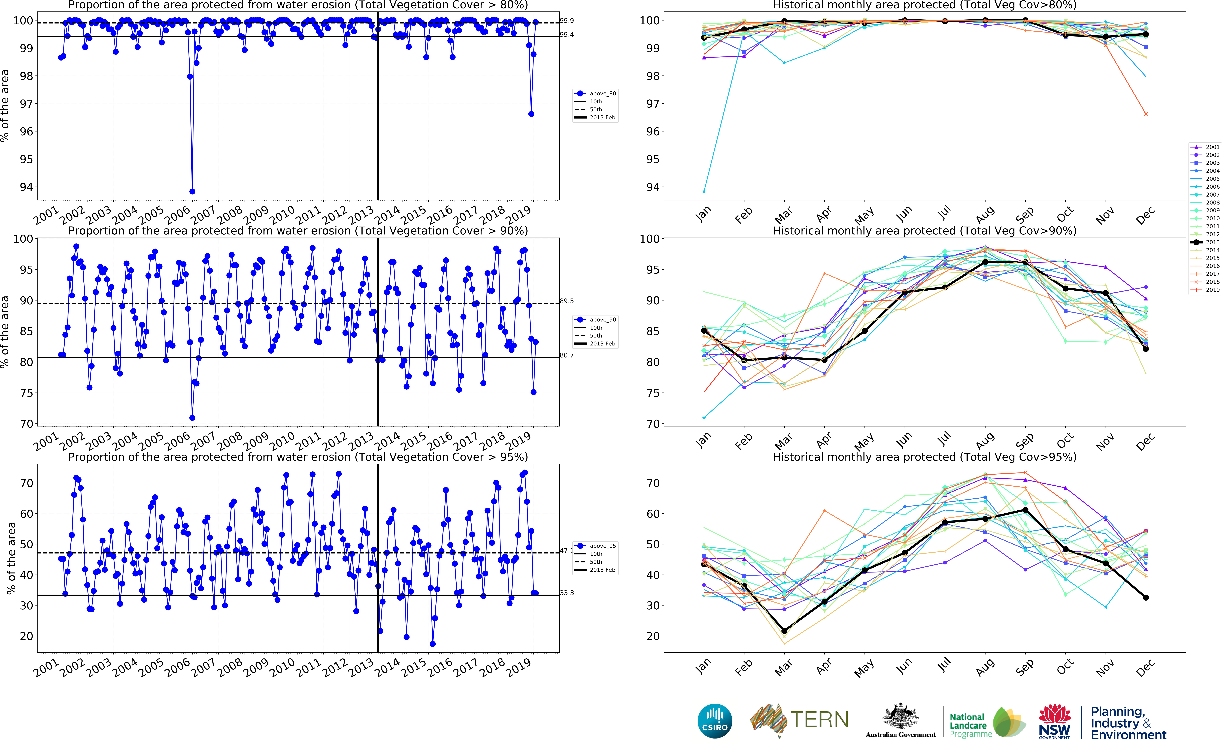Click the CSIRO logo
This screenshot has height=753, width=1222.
click(x=715, y=721)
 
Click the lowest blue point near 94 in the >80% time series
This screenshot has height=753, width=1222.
click(x=192, y=191)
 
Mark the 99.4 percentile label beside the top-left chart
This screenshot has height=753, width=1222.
click(x=566, y=35)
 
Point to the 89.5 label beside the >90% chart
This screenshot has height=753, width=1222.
click(x=566, y=301)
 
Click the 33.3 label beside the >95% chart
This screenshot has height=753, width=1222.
click(x=566, y=593)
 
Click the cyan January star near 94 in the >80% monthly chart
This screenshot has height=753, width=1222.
click(x=704, y=191)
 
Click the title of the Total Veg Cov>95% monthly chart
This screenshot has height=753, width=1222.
click(x=924, y=457)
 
